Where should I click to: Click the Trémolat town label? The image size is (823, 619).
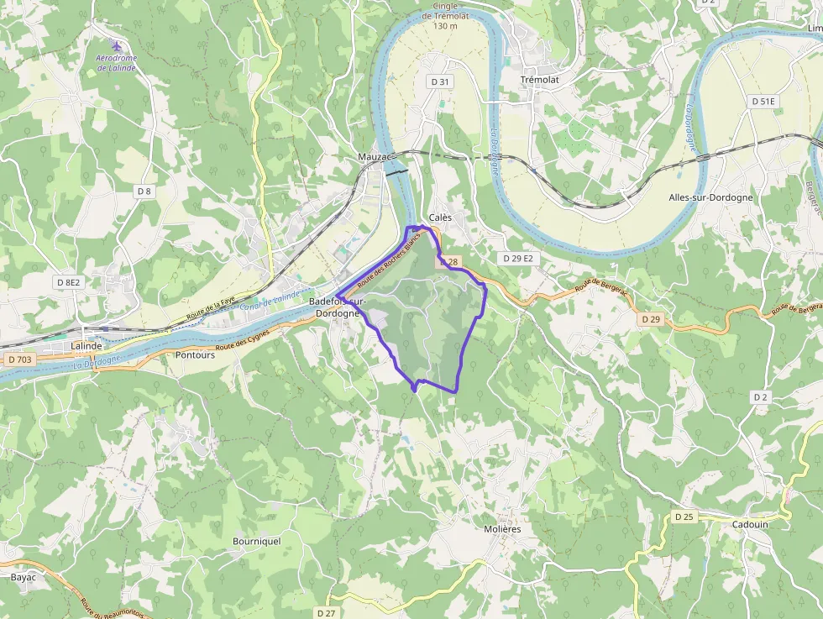pos(540,79)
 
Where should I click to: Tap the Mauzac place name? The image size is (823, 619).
pos(375,157)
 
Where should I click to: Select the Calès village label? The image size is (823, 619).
pos(440,218)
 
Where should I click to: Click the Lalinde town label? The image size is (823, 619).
pos(86,346)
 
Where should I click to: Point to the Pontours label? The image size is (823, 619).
pos(195,355)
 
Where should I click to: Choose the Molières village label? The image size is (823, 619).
pos(503,529)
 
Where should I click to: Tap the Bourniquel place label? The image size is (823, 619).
pos(256,542)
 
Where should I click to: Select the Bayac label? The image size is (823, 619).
pos(23,578)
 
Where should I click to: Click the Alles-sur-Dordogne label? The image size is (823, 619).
pos(710,197)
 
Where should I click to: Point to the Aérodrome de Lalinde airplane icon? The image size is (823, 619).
pos(116,45)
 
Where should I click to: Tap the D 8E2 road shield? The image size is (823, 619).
pos(69,282)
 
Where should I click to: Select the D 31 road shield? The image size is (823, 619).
pos(440,81)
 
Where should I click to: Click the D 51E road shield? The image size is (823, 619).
pos(763,102)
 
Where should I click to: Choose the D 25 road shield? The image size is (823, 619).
pos(684,517)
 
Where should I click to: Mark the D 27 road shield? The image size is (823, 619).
pos(327,613)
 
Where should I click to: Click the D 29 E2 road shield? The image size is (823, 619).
pos(516,259)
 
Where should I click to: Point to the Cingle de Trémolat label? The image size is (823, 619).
pos(446,16)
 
